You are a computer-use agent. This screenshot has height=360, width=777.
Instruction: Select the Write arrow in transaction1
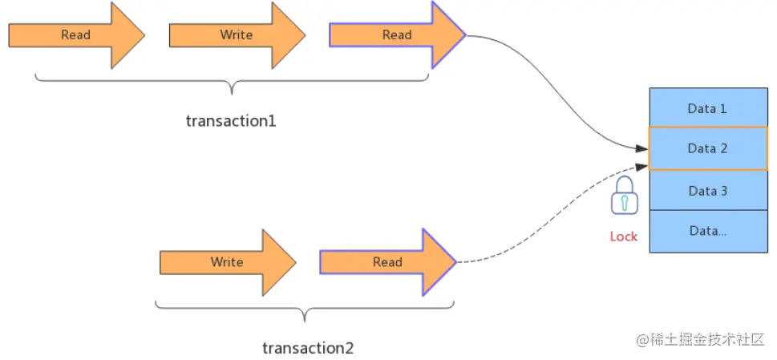[237, 35]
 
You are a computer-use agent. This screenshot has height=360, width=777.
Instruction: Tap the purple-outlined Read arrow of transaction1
[397, 35]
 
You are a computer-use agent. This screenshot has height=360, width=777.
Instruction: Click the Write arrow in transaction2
[227, 262]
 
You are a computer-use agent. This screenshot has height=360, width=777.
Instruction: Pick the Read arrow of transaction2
[387, 262]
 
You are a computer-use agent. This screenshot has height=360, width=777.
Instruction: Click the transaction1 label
[231, 121]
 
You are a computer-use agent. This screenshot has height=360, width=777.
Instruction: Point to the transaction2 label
[308, 348]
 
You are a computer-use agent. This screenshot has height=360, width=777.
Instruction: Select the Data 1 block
[707, 108]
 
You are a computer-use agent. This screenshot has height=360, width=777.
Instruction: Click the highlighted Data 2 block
[707, 148]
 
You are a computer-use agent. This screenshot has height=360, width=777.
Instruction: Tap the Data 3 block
[707, 191]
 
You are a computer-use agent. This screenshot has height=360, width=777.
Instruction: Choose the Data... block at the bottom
[707, 231]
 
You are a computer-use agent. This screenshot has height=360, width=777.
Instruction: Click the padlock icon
[624, 196]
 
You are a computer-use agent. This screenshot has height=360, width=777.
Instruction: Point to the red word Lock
[624, 236]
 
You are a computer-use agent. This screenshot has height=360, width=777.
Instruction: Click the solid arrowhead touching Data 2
[641, 148]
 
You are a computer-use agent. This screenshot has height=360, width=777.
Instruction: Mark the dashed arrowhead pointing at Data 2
[641, 165]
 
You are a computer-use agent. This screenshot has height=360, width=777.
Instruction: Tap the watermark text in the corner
[701, 340]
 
